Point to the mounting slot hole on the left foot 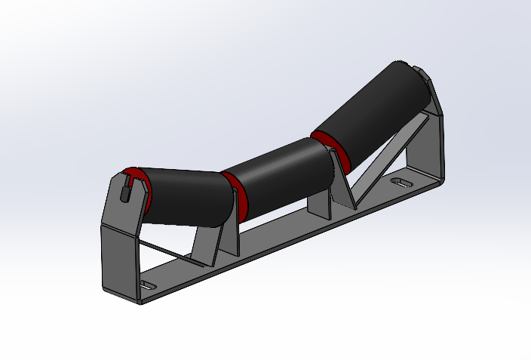click(149, 286)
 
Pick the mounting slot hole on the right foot click(401, 183)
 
